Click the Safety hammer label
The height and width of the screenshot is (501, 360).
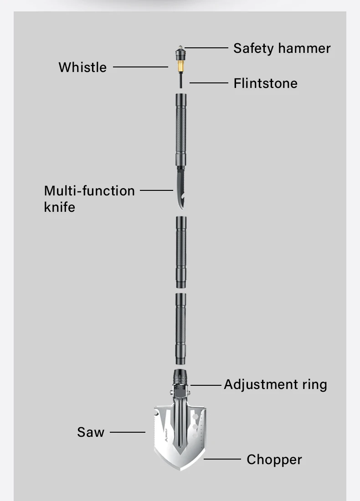(282, 48)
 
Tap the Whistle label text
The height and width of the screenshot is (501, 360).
(82, 67)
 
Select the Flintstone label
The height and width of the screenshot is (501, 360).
(265, 83)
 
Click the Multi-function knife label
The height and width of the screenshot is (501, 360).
(89, 199)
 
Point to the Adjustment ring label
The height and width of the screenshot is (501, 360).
(275, 384)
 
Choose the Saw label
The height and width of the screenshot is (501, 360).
(91, 432)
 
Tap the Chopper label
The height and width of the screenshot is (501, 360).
(274, 460)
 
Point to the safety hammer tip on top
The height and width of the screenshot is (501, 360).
(181, 48)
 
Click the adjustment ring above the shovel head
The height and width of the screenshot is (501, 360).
(181, 378)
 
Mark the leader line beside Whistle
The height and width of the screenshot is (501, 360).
(140, 67)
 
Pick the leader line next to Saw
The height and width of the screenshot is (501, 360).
(128, 432)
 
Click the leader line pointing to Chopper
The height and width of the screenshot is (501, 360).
(222, 459)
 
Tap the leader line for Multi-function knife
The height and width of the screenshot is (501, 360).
(156, 190)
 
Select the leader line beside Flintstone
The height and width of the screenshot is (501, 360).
(208, 83)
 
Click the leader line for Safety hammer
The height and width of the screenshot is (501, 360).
(206, 47)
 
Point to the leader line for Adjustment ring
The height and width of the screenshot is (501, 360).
(206, 385)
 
